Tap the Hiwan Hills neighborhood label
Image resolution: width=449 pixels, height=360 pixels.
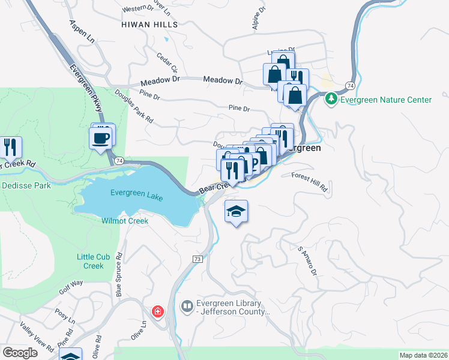(149, 25)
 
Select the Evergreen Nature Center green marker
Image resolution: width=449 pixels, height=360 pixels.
(330, 99)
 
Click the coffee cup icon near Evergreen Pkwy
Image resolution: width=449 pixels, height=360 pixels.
(101, 138)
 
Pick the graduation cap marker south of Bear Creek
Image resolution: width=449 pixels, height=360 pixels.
(237, 211)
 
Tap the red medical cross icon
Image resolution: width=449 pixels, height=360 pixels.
(157, 312)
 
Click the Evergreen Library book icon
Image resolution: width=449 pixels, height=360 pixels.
(187, 307)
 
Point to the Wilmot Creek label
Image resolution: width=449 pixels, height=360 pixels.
(125, 221)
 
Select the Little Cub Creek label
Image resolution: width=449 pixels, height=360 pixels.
(90, 261)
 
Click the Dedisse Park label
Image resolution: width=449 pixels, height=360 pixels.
(25, 186)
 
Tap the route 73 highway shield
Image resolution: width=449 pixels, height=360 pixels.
(197, 259)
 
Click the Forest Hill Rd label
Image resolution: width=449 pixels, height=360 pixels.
(310, 182)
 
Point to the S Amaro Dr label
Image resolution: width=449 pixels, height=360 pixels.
(307, 260)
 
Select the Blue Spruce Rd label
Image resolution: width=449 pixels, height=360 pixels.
(119, 275)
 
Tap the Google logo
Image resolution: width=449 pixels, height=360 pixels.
(20, 353)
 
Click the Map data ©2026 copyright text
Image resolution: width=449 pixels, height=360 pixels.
(423, 355)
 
